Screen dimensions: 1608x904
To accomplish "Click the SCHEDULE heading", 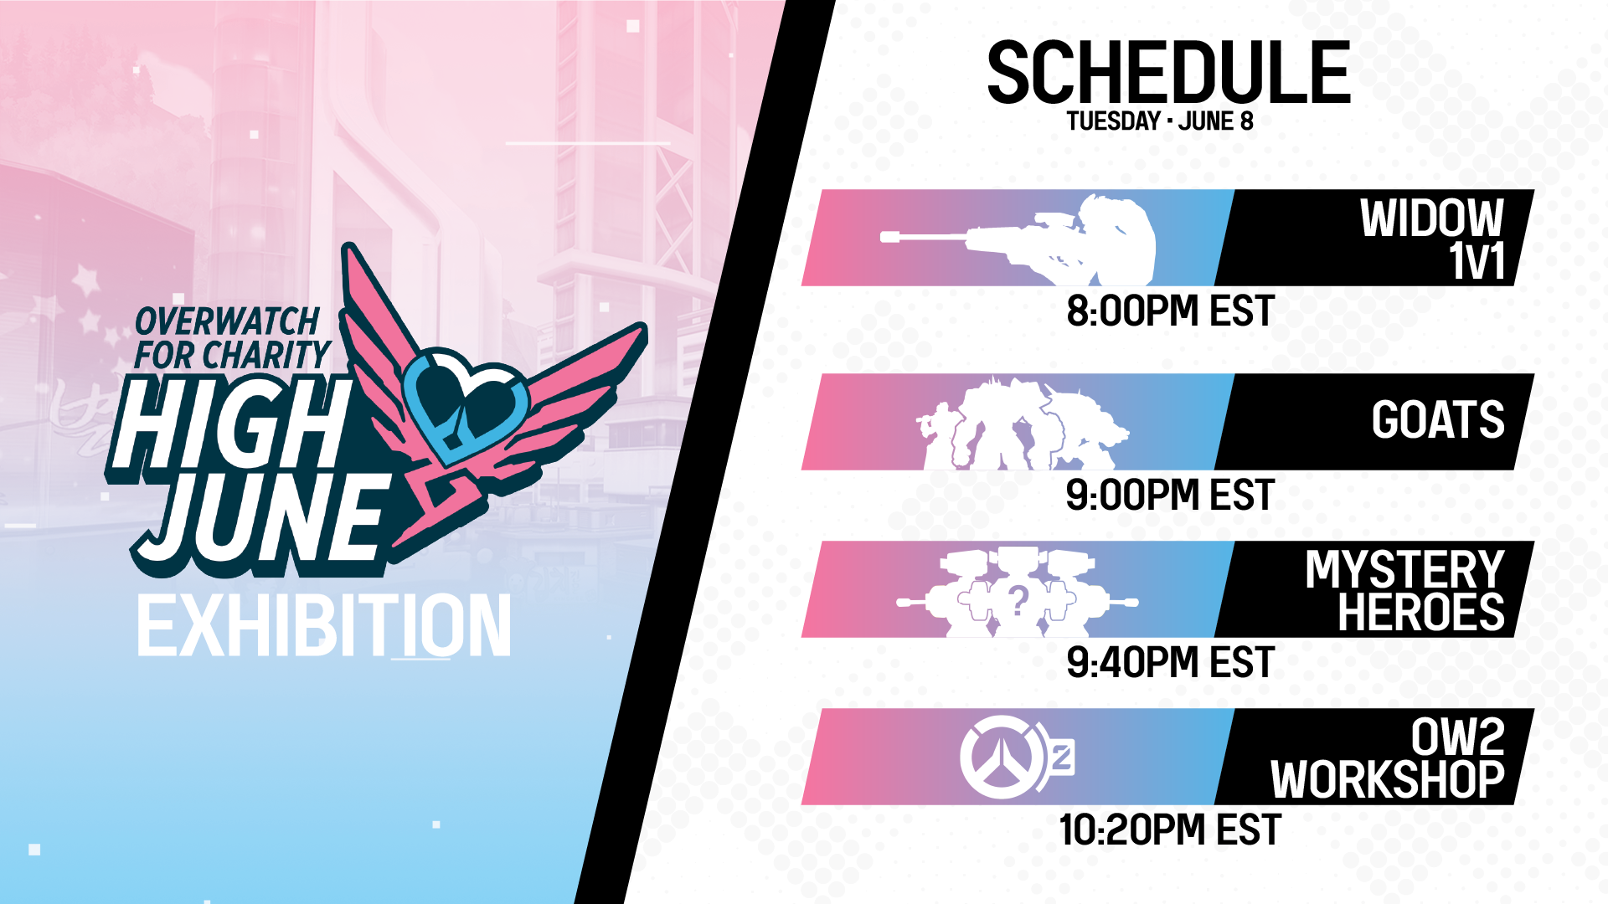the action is point(1168,73).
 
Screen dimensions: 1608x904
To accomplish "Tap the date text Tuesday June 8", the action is point(1160,121).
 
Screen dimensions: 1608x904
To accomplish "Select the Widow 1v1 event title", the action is point(1432,239).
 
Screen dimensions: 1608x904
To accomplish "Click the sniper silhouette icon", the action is point(1018,239).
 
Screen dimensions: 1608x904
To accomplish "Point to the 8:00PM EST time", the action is point(1170,311).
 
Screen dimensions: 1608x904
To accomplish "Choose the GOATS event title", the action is point(1438,419).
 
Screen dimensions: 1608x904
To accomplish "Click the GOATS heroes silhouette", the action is point(1023,424).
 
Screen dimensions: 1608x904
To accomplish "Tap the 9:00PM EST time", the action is point(1170,495).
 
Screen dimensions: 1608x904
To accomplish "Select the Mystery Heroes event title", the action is point(1404,591).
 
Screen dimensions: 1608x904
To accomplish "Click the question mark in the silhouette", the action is point(1018,599).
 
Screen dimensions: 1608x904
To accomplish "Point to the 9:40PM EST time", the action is point(1170,662).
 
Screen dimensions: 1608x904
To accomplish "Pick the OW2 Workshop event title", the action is point(1388,758).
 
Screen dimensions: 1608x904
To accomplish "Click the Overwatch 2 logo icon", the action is point(1016,757).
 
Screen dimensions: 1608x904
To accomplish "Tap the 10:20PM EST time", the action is point(1170,830).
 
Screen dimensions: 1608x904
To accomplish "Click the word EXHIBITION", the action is point(323,625).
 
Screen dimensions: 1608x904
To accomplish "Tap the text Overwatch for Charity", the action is point(231,338).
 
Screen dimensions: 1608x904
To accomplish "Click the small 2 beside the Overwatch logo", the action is point(1062,758).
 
